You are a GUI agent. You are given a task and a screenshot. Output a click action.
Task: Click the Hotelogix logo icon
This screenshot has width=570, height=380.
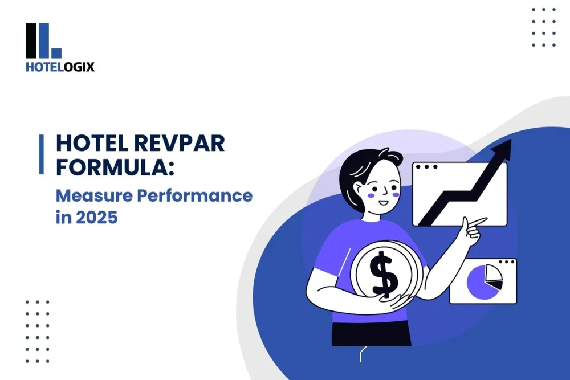tap(43, 41)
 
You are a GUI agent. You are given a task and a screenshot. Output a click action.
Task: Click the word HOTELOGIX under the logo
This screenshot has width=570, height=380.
tap(60, 67)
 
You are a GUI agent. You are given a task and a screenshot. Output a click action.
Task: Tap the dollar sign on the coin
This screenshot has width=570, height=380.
tap(382, 276)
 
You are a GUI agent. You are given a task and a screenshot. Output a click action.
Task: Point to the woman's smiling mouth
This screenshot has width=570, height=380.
tap(383, 202)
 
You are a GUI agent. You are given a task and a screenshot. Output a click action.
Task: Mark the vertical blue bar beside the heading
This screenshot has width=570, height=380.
tap(41, 154)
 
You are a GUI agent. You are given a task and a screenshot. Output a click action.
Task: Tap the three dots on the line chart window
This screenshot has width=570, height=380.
tap(427, 167)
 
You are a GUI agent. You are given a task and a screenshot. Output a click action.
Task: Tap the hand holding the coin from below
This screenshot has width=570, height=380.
tap(399, 303)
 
